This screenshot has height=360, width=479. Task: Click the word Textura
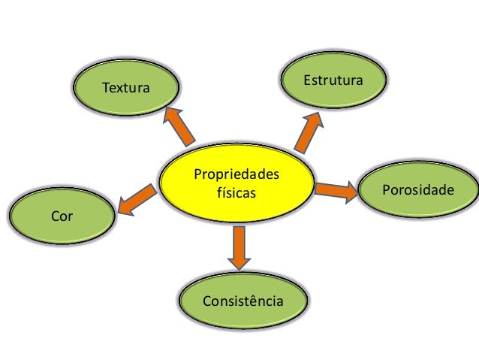click(125, 89)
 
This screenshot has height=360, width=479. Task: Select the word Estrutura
click(333, 80)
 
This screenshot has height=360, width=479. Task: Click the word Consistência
click(243, 301)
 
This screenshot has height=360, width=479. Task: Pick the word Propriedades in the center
click(236, 176)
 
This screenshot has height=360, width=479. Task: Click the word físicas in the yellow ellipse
click(236, 193)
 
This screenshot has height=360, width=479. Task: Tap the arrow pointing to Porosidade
click(336, 190)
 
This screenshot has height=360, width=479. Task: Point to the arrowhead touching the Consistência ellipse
click(239, 262)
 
